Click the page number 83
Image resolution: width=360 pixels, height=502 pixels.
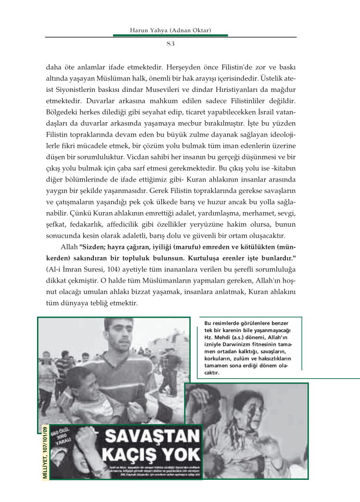point(170,44)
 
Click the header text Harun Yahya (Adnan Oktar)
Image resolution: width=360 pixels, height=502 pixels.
point(171,31)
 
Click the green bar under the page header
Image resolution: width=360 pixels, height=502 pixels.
point(170,36)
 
